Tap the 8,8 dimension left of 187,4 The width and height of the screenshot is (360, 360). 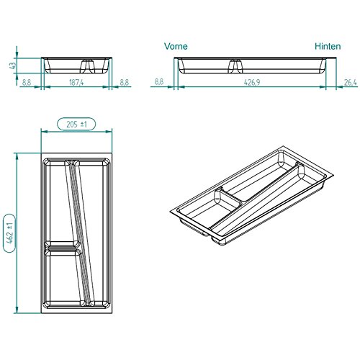pos(26,83)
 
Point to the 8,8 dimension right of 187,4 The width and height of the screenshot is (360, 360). pos(124,83)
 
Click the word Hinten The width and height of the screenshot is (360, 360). pos(328,45)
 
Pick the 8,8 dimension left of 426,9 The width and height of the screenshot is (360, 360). pos(159,83)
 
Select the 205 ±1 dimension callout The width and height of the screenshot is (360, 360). pos(76,125)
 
